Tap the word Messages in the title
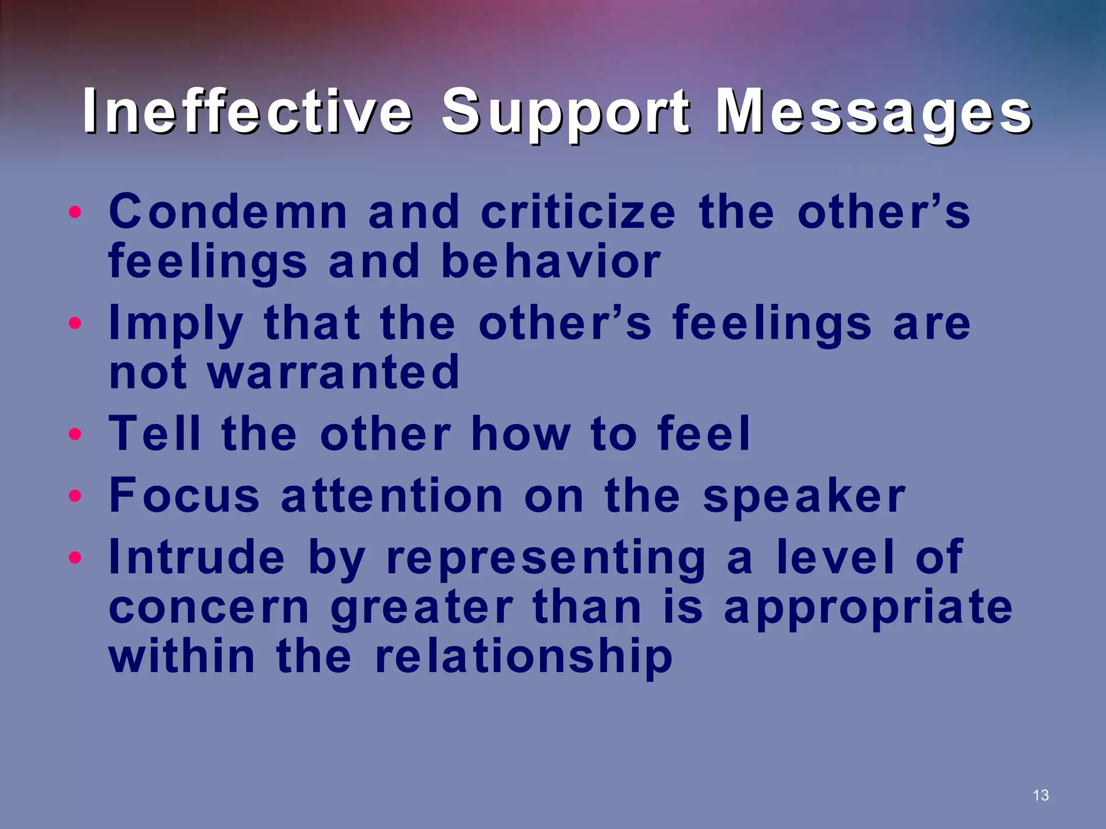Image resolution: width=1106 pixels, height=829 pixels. click(873, 112)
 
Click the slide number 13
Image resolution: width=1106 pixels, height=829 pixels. click(1040, 795)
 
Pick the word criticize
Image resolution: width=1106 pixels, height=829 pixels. click(577, 212)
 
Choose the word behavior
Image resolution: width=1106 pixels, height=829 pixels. click(551, 261)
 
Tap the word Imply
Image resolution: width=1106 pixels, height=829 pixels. click(176, 324)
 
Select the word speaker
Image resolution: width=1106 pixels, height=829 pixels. click(804, 496)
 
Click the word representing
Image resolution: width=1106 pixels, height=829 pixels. click(546, 559)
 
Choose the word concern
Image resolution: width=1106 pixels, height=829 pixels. click(209, 607)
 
